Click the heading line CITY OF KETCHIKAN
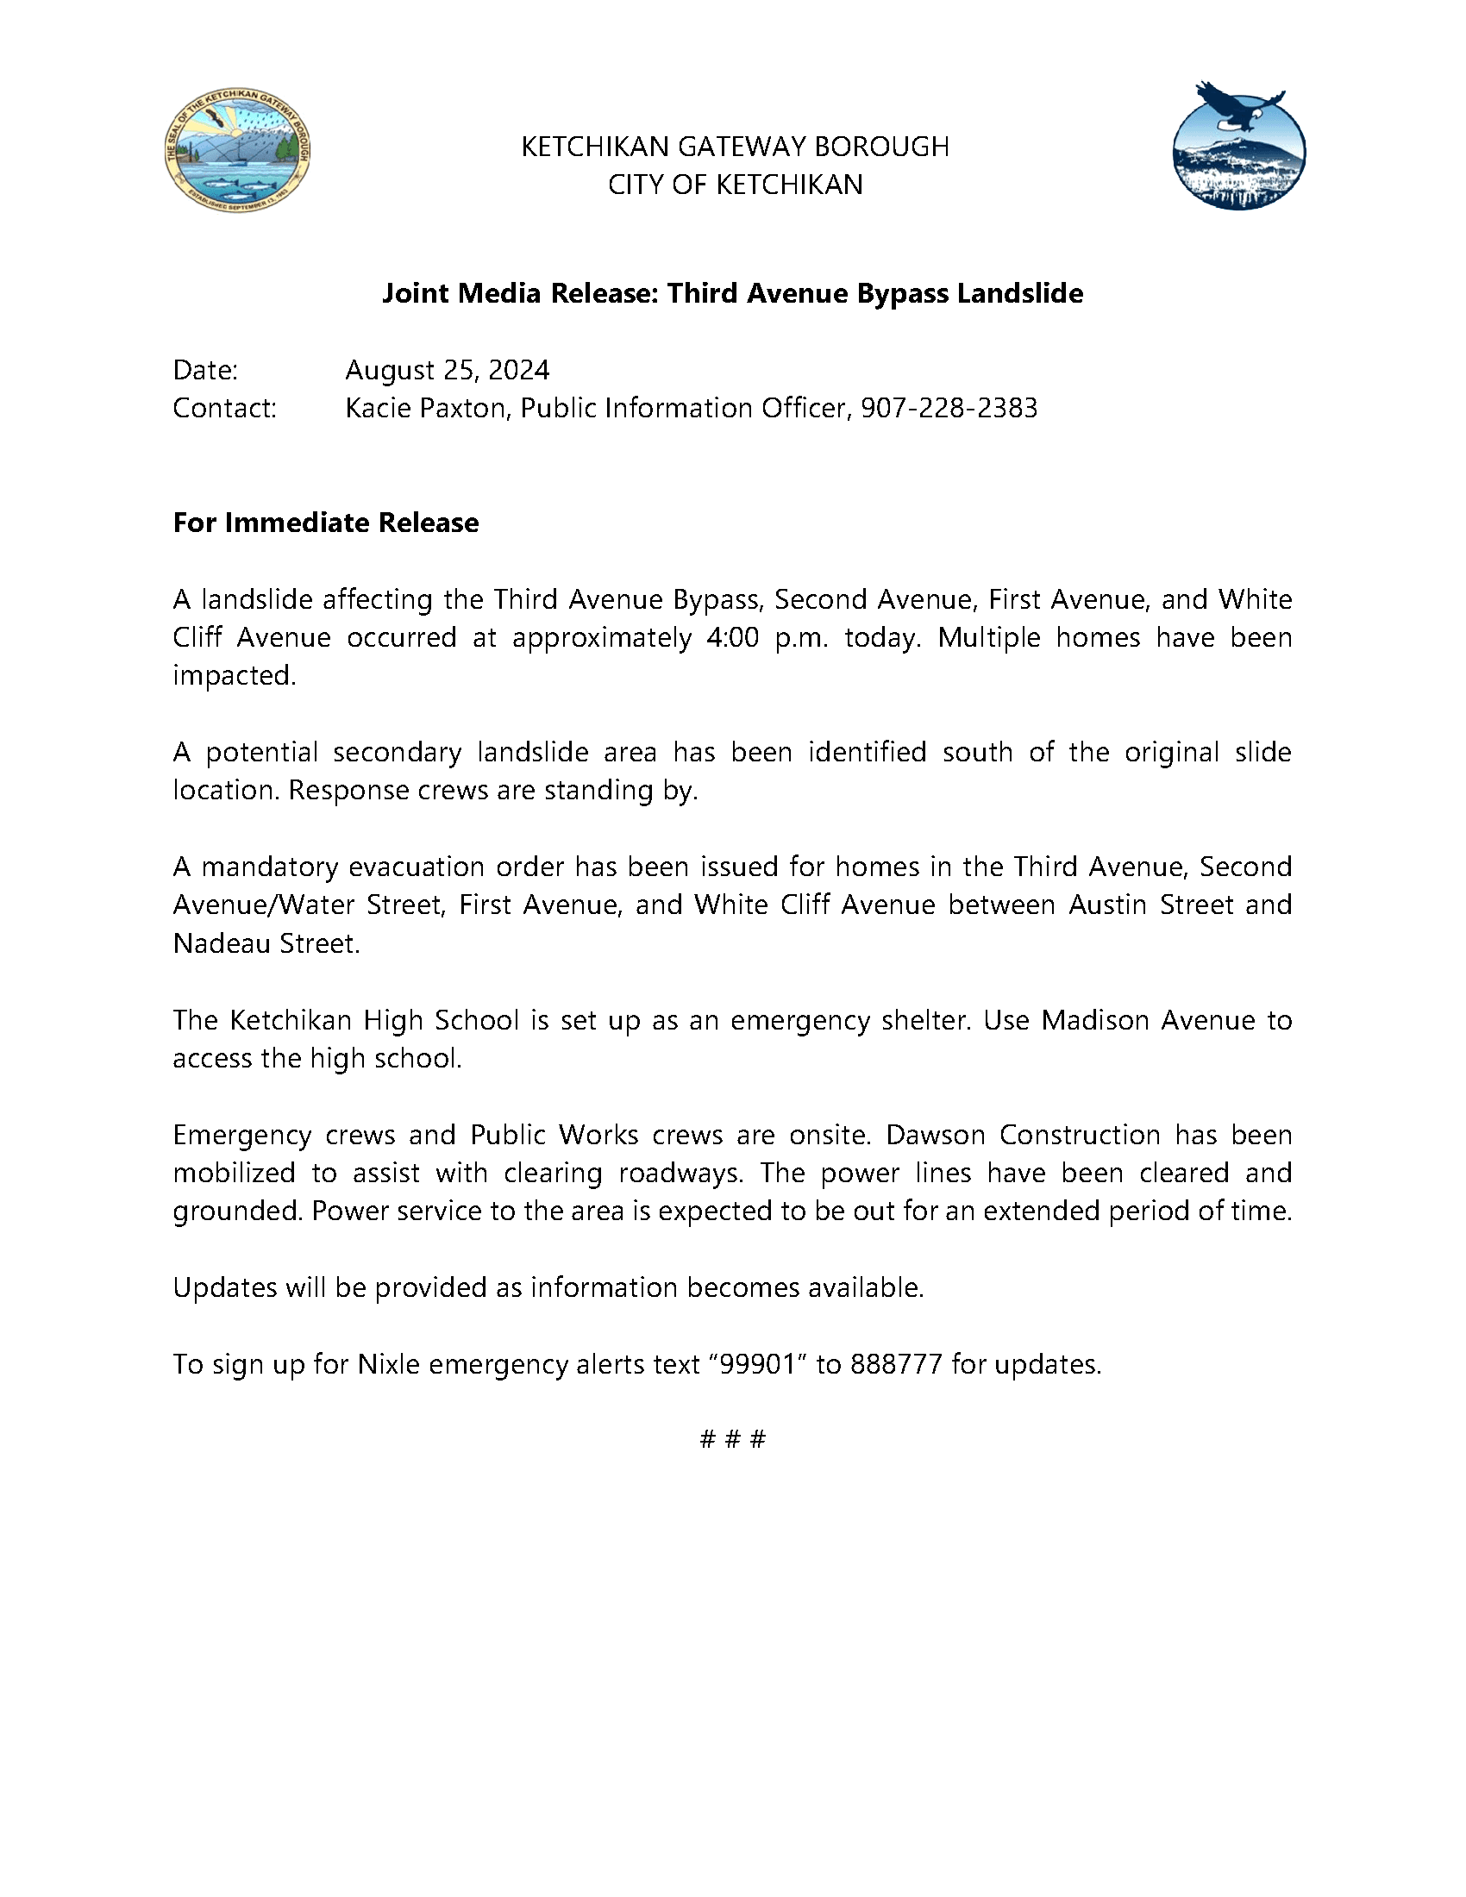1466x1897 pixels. point(735,185)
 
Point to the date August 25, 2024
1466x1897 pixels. point(448,371)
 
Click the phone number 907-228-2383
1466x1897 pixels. point(949,408)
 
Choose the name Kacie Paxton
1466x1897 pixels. point(425,408)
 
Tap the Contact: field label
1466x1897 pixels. point(225,408)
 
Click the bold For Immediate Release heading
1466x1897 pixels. point(326,523)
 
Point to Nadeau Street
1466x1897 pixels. point(266,943)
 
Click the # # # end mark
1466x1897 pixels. point(733,1440)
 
